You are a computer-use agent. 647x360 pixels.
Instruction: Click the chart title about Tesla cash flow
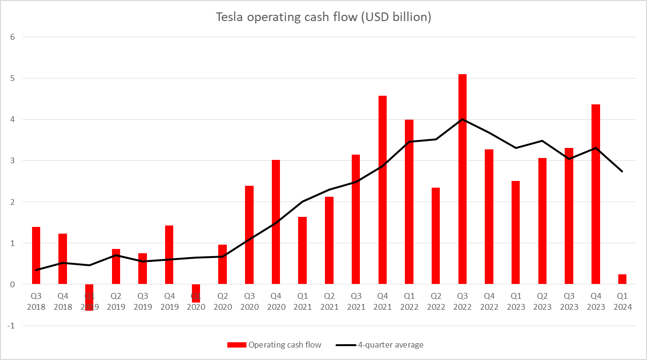click(x=323, y=18)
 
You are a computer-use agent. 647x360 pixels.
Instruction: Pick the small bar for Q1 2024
click(x=622, y=280)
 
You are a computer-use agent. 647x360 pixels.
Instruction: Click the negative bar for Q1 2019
click(x=89, y=297)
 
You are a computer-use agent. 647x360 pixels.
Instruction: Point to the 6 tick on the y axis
click(x=13, y=37)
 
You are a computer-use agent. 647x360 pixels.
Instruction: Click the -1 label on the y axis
click(x=11, y=326)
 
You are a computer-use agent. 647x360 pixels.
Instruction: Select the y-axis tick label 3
click(x=13, y=161)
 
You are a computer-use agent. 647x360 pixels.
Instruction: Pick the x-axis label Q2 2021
click(x=329, y=302)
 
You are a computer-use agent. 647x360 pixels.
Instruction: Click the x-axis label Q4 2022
click(x=489, y=302)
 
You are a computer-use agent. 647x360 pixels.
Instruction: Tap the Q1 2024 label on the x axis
click(x=622, y=302)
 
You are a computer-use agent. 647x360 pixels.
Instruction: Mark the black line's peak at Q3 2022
click(x=462, y=119)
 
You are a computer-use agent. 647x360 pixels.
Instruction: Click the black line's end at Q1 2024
click(x=622, y=171)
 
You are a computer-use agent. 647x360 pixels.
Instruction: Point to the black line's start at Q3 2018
click(x=36, y=270)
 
